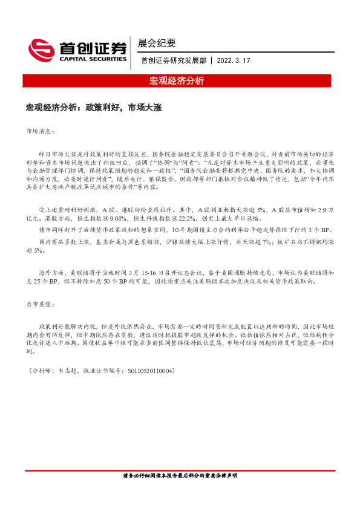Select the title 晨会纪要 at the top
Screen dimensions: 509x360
point(157,43)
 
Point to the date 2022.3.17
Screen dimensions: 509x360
point(233,60)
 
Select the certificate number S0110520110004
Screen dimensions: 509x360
point(148,370)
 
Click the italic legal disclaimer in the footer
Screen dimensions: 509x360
point(180,476)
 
